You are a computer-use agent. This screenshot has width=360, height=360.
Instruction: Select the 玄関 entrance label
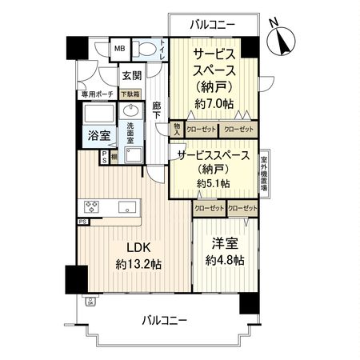click(132, 76)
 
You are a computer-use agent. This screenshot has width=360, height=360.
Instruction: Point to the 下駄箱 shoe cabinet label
click(130, 94)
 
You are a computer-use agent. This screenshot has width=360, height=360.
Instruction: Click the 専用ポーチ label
click(95, 94)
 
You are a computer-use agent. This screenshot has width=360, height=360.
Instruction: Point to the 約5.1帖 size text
click(214, 183)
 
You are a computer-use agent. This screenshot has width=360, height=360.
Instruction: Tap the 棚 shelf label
click(115, 157)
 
